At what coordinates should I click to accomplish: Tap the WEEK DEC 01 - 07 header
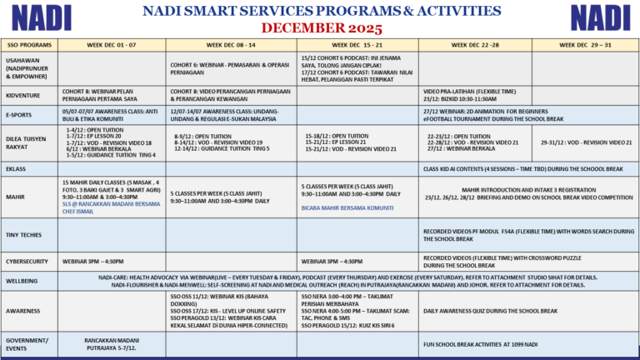coord(112,44)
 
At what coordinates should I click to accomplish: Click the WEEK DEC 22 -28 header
coord(475,44)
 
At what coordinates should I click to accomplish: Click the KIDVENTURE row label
coord(22,96)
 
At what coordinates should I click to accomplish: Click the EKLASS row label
coord(17,169)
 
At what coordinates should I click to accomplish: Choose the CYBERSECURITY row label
coord(27,262)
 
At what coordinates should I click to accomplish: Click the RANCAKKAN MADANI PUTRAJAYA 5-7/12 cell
coord(112,343)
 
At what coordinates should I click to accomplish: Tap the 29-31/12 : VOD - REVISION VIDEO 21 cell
coord(586,142)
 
